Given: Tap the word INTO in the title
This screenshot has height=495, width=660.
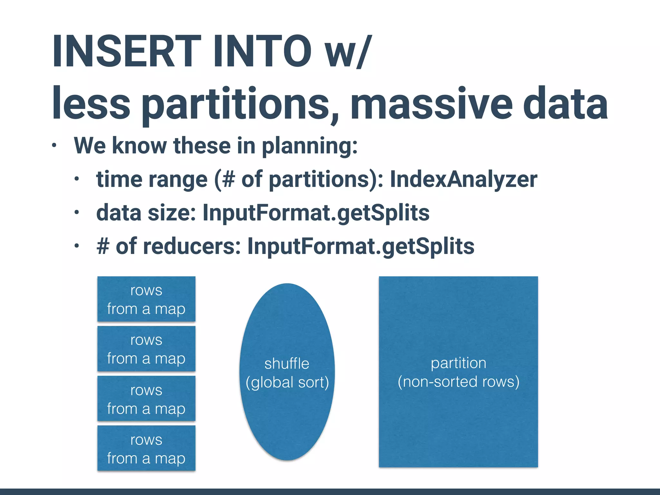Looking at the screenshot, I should (262, 52).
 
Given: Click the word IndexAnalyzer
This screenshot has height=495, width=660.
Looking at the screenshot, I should (463, 179).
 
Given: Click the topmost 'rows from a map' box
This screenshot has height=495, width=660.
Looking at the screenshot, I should (146, 299).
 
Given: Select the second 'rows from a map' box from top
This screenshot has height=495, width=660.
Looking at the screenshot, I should (146, 349).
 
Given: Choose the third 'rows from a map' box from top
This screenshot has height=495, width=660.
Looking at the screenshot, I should (146, 399).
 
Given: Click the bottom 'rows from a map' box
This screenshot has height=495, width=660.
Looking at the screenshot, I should (146, 448).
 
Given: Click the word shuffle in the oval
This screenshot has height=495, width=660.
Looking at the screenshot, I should (286, 364).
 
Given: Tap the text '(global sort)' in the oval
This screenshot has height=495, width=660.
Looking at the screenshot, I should (287, 383).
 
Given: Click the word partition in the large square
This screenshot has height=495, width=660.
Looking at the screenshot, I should (458, 363).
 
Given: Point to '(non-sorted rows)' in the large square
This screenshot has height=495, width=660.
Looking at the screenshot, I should (458, 382).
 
